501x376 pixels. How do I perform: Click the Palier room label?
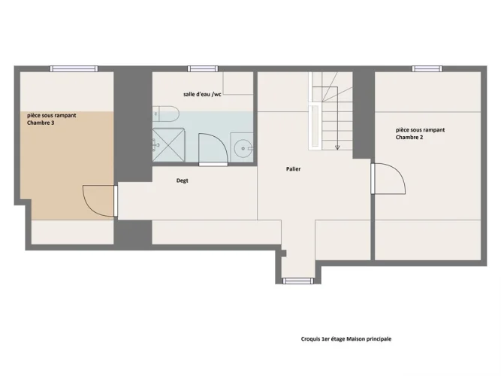(293, 169)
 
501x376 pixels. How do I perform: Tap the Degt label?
(182, 180)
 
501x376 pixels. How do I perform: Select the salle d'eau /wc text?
(202, 95)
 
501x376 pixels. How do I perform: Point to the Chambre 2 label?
(409, 138)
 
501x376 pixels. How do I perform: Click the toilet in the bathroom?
(166, 114)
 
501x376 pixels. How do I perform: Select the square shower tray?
(168, 144)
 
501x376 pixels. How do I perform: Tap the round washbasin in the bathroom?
(243, 149)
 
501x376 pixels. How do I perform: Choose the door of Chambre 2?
(388, 178)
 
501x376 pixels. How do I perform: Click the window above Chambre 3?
(74, 68)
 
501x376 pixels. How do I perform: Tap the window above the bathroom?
(203, 68)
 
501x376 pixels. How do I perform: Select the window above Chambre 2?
(427, 68)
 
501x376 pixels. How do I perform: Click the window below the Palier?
(298, 281)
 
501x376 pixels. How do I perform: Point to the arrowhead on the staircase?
(337, 147)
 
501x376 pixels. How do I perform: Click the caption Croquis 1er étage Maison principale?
(346, 339)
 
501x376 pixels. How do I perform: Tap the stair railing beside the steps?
(314, 126)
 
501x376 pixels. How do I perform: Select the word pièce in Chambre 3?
(34, 115)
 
